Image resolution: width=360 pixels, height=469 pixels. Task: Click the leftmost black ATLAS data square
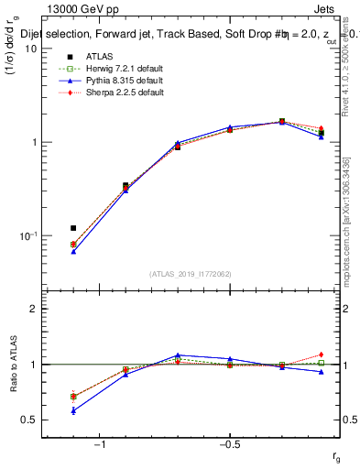click(x=73, y=227)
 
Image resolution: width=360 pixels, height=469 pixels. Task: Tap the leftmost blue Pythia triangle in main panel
click(x=73, y=251)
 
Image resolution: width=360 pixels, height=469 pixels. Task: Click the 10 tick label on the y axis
click(x=29, y=49)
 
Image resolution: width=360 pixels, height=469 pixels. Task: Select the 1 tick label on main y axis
click(x=33, y=143)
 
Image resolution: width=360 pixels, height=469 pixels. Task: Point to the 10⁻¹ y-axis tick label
click(x=27, y=235)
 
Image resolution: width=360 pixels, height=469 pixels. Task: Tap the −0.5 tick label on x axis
click(x=229, y=446)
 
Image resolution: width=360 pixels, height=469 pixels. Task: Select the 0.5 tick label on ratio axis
click(x=28, y=420)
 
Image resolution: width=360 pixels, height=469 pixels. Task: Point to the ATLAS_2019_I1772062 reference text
click(x=191, y=273)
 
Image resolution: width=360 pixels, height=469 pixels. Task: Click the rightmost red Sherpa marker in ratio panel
click(x=321, y=354)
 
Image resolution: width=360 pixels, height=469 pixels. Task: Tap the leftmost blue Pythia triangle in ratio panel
click(x=73, y=410)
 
